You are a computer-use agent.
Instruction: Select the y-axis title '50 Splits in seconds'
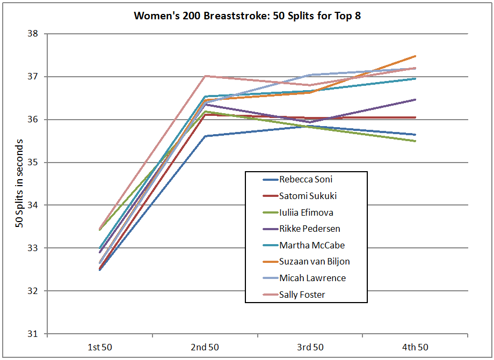[x=19, y=183]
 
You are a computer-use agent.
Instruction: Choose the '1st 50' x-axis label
[x=100, y=347]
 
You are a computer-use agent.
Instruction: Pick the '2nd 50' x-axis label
[x=205, y=347]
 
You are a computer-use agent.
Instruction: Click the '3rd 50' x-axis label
[x=310, y=347]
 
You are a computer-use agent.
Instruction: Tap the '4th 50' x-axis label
[x=415, y=347]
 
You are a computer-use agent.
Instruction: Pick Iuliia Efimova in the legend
[x=306, y=212]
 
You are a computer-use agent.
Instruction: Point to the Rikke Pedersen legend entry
[x=309, y=229]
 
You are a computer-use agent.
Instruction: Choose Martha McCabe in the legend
[x=311, y=245]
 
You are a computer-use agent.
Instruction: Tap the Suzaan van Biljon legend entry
[x=315, y=262]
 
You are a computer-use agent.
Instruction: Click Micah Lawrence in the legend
[x=312, y=278]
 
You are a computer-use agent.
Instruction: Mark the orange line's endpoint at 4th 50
[x=415, y=56]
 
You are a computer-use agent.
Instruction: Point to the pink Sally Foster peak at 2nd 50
[x=205, y=76]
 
